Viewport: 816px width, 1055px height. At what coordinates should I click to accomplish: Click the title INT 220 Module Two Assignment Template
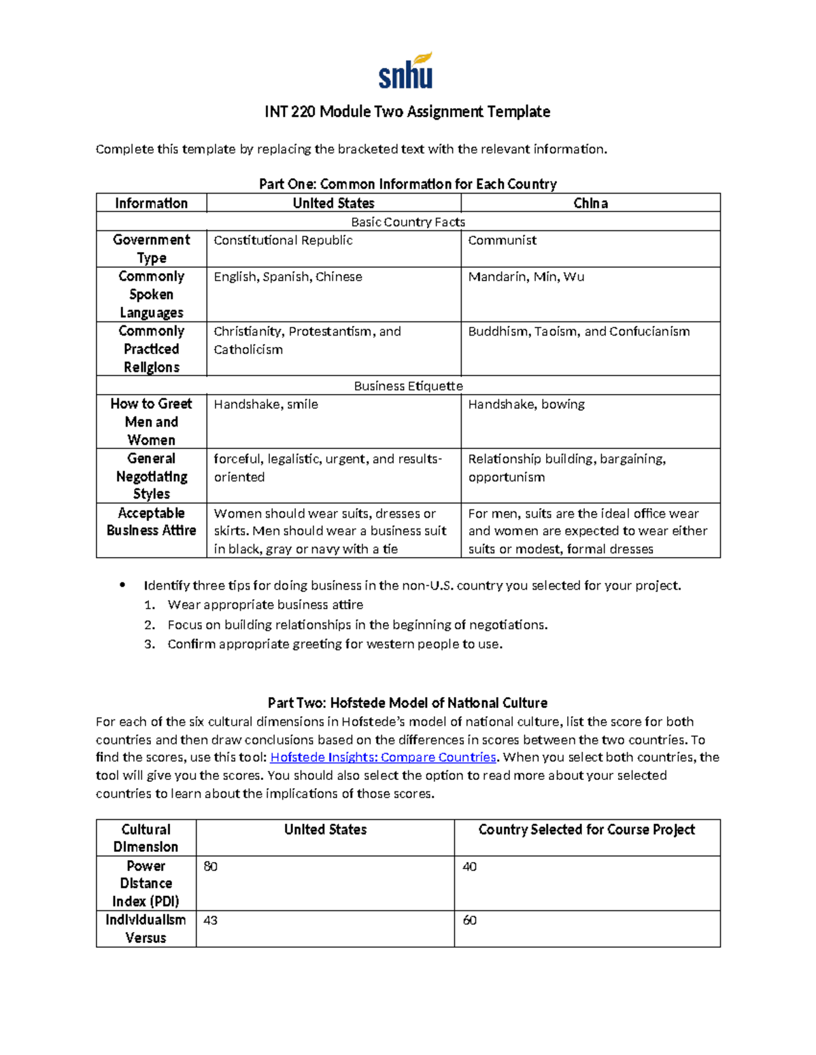tap(407, 112)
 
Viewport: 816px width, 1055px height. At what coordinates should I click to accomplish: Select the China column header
tap(590, 203)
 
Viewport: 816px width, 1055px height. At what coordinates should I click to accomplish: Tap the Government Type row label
tap(151, 249)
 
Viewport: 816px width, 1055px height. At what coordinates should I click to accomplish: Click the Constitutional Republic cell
tap(283, 240)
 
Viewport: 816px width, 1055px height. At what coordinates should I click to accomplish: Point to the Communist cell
tap(502, 240)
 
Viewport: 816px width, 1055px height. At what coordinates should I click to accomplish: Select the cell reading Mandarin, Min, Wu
tap(526, 277)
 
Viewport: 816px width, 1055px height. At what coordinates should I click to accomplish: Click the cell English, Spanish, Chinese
tap(288, 277)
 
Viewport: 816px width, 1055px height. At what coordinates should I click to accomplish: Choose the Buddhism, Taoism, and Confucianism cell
tap(579, 332)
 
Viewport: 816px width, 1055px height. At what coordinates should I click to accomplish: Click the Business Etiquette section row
tap(408, 386)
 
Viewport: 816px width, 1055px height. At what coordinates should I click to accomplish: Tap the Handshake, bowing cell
tap(526, 404)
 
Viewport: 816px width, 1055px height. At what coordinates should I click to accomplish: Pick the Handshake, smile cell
tap(266, 404)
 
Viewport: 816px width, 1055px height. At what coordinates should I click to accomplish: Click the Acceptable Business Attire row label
tap(151, 522)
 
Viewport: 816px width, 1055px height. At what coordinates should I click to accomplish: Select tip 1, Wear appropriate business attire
tap(265, 605)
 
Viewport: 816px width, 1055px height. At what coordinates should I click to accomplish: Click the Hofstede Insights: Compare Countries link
tap(384, 757)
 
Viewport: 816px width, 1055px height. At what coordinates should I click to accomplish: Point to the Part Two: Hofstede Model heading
tap(407, 703)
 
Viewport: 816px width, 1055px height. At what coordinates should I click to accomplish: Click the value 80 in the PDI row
tap(211, 867)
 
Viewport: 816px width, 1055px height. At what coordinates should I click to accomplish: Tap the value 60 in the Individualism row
tap(469, 920)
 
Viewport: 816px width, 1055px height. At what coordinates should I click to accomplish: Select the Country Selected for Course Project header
tap(586, 830)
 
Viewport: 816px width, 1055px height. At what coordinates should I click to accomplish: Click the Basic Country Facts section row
tap(408, 222)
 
